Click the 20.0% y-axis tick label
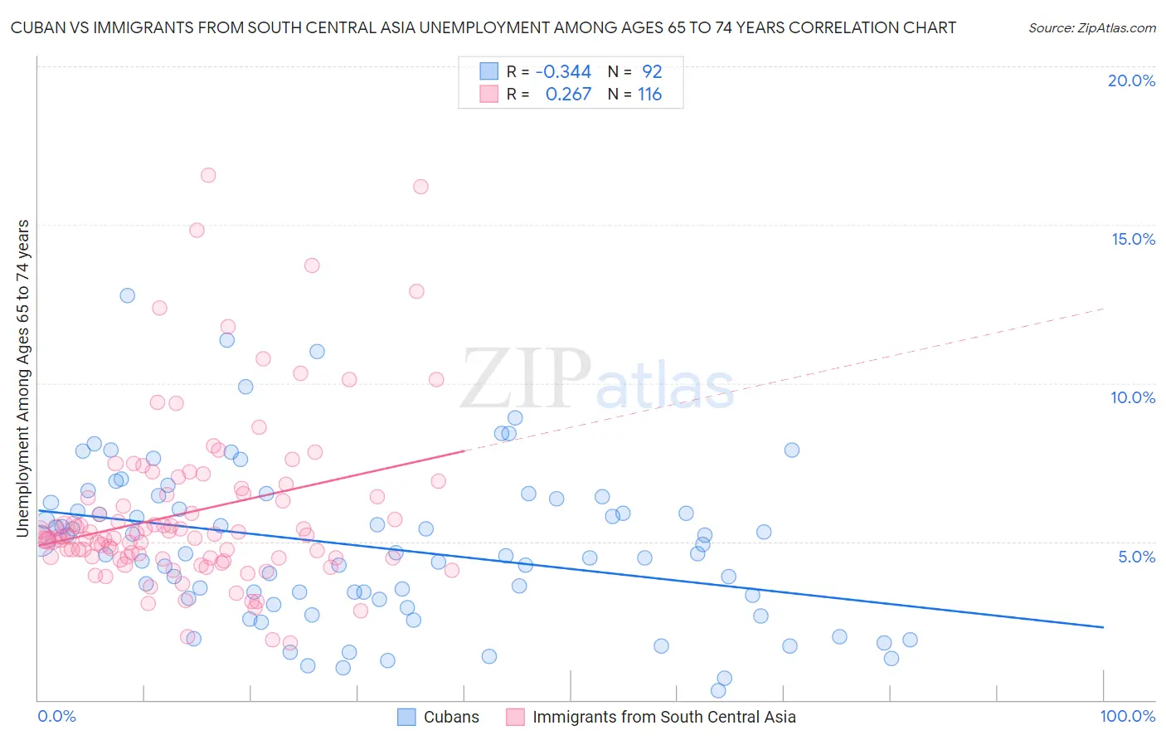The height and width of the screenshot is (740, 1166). pos(1131,80)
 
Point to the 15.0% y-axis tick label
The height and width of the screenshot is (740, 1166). pos(1133,239)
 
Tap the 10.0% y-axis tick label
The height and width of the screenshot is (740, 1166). pos(1133,397)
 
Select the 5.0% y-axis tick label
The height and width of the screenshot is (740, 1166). pos(1136,557)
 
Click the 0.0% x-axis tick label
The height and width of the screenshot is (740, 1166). pos(56,716)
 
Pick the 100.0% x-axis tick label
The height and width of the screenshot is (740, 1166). pos(1128,716)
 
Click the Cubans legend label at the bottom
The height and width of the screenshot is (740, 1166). pos(451,717)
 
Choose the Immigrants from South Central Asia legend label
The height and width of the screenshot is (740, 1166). pos(663,717)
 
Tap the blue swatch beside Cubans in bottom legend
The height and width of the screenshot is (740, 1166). pos(406,717)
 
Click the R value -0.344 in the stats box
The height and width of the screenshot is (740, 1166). pos(563,72)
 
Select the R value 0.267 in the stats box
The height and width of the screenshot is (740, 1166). pos(568,95)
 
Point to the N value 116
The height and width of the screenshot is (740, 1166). pos(649,95)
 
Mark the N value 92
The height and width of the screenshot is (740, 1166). pos(652,72)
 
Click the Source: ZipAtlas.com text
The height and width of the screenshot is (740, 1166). pos(1091,28)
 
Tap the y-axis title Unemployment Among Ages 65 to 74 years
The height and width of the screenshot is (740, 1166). pos(22,377)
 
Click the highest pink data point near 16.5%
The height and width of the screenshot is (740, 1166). pos(208,175)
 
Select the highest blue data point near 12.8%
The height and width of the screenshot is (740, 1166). pos(127,295)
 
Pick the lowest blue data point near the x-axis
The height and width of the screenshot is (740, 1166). pos(718,690)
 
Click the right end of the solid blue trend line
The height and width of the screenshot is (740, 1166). pos(1103,627)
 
